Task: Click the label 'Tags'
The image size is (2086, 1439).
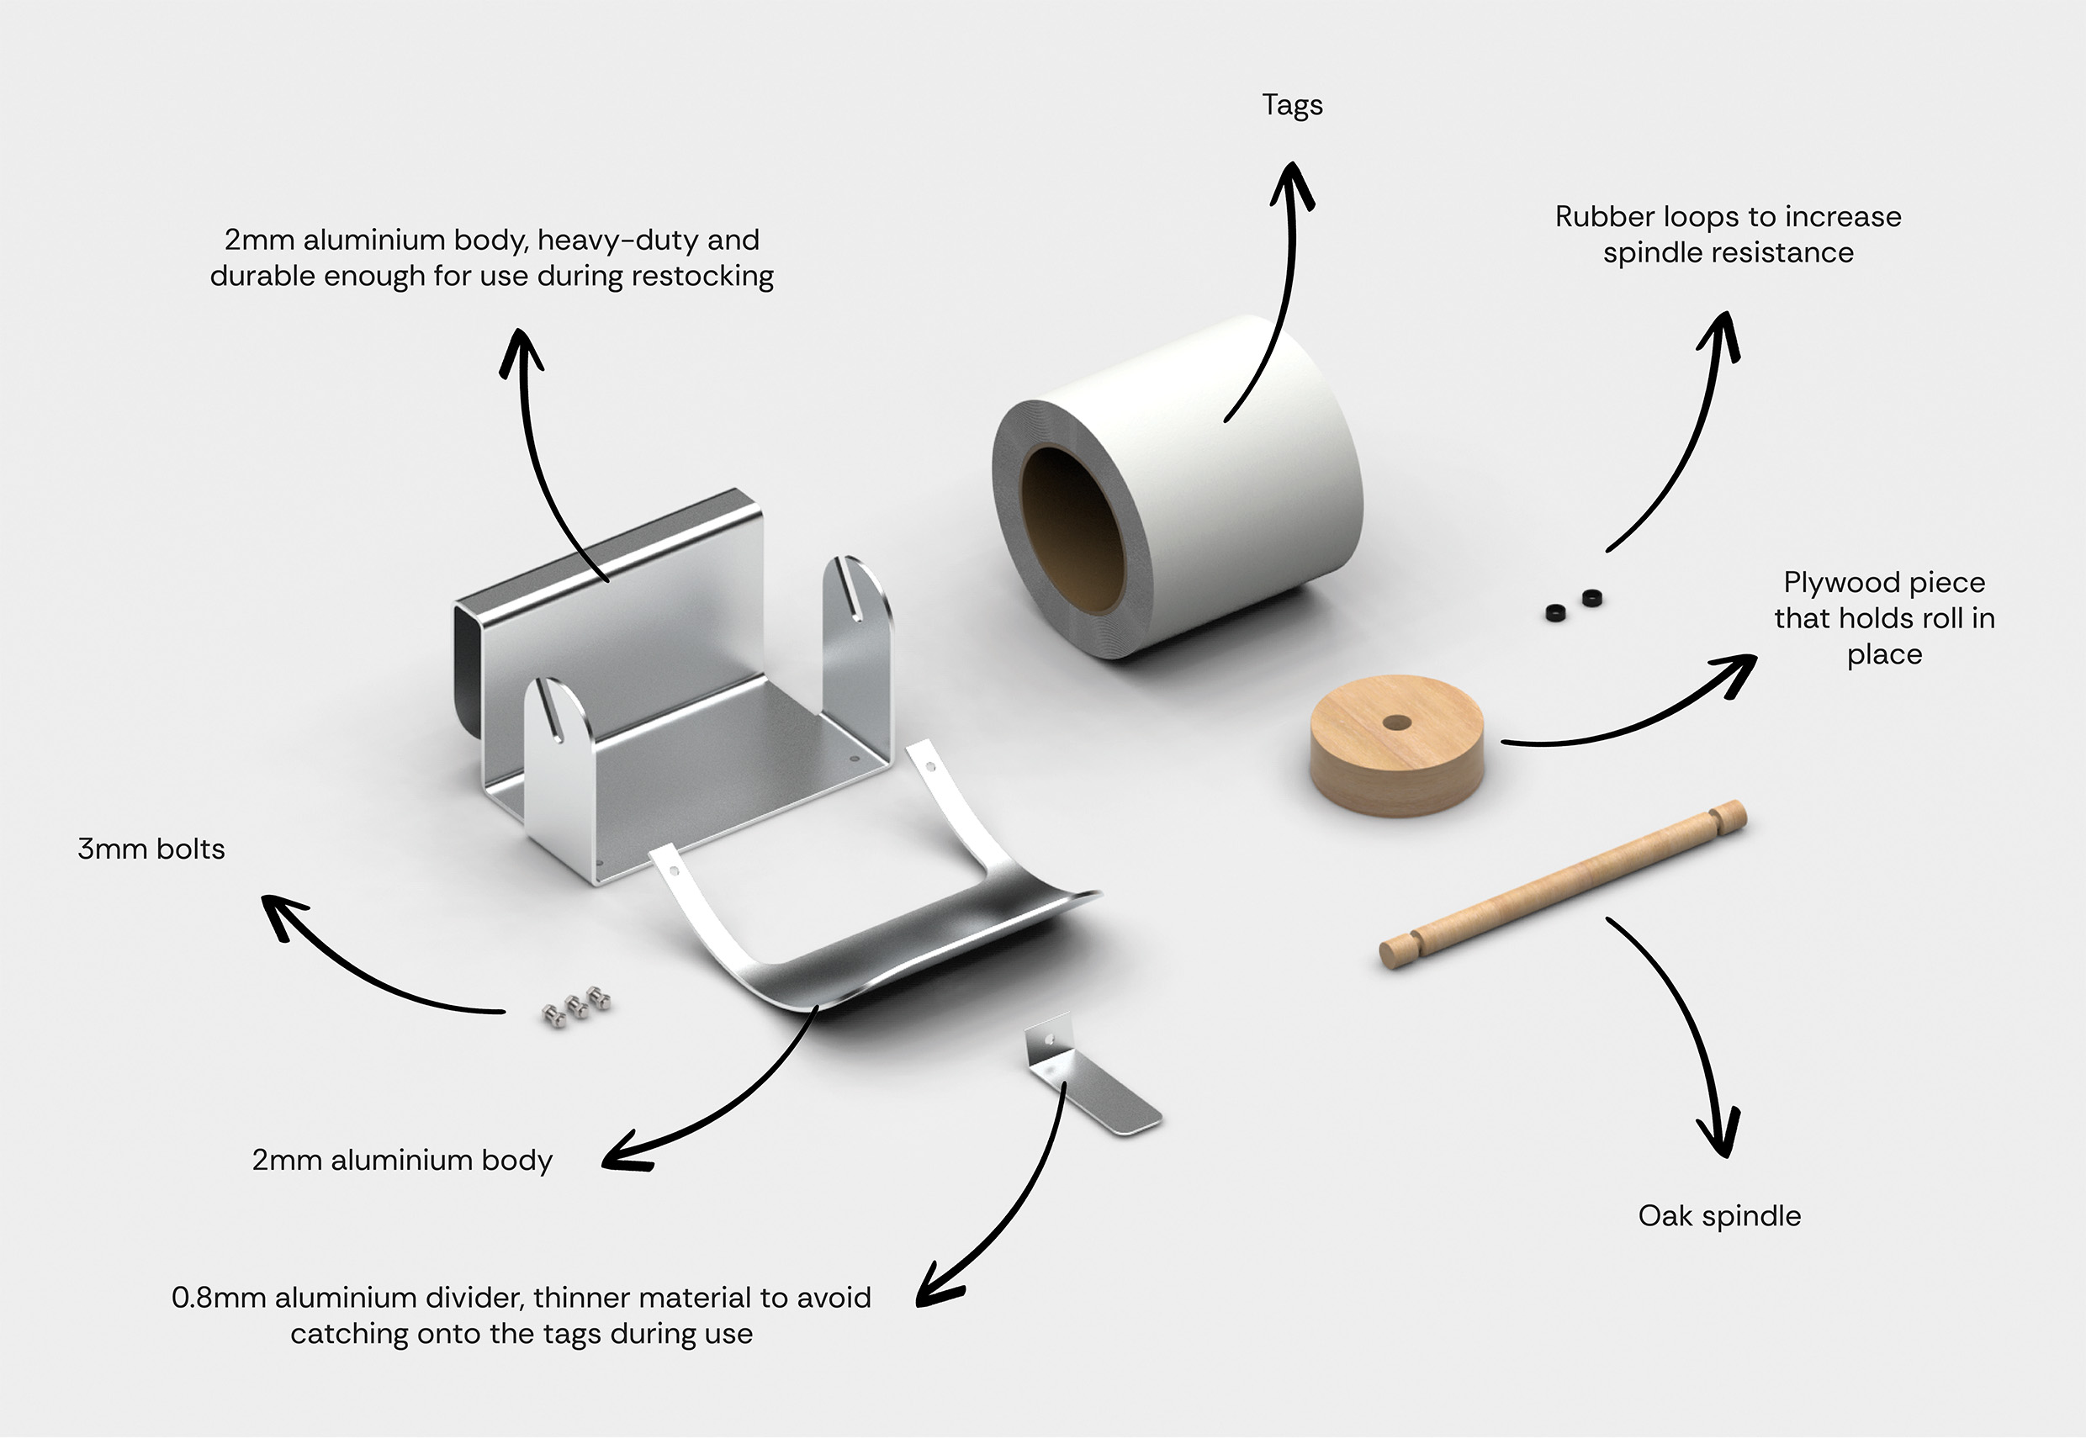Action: pos(1292,105)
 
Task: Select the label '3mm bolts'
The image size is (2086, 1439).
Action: pos(151,849)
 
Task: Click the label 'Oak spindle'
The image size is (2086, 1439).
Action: pos(1719,1216)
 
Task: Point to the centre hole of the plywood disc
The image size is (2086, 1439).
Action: pos(1396,723)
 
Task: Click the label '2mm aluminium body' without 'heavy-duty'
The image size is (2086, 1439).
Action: pos(402,1161)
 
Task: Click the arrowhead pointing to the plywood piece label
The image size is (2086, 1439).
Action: pos(1735,672)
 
